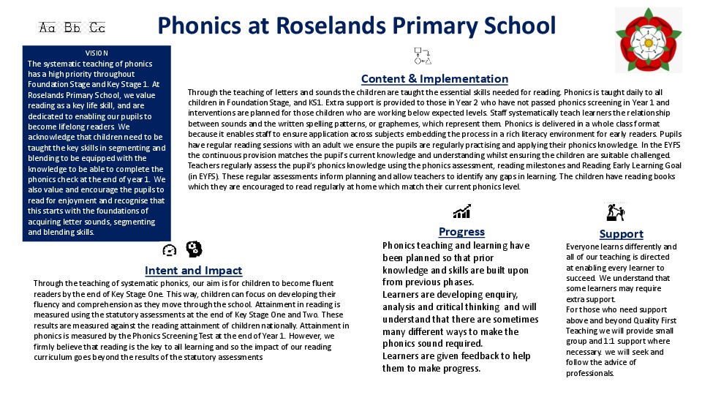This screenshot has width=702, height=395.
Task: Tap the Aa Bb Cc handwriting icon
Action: click(x=72, y=28)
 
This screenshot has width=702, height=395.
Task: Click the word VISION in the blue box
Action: click(x=97, y=53)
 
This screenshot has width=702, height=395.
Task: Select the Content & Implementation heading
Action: click(x=434, y=79)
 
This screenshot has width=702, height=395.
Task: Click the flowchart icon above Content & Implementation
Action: click(x=422, y=56)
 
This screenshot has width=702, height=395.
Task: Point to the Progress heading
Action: click(x=461, y=232)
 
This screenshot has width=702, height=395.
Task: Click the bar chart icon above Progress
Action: click(x=461, y=212)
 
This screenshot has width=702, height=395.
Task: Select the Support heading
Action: click(x=621, y=234)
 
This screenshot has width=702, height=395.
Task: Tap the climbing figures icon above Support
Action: click(x=615, y=212)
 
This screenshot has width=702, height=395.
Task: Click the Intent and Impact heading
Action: click(x=193, y=271)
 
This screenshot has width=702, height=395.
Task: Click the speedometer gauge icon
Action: click(x=170, y=250)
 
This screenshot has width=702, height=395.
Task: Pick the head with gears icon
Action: click(x=194, y=249)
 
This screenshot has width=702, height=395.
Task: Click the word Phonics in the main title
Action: click(x=197, y=26)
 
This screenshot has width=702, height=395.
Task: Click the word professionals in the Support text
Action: click(x=590, y=373)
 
